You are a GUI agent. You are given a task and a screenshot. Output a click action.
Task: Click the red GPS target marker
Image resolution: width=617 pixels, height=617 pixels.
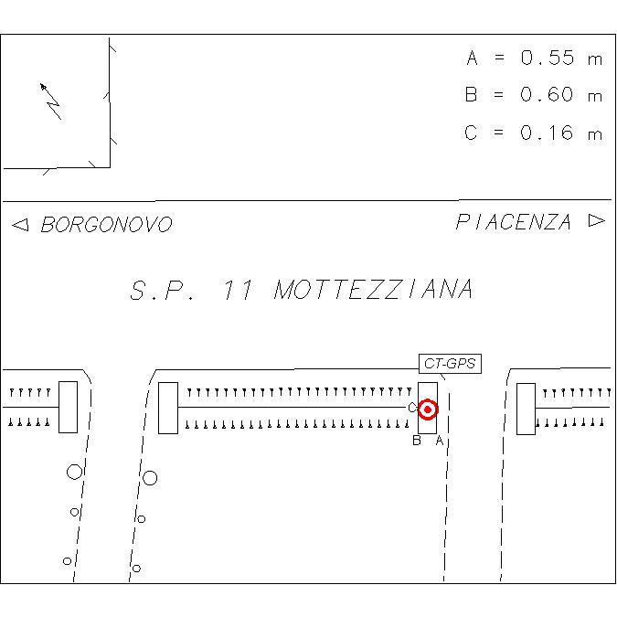tap(428, 410)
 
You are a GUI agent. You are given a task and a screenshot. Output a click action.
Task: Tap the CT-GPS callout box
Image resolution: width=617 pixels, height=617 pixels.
tap(450, 363)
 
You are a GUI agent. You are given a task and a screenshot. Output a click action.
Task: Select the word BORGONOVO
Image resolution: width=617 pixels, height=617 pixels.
tap(107, 224)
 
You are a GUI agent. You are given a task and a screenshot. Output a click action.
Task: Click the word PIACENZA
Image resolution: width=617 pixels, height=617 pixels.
tap(514, 222)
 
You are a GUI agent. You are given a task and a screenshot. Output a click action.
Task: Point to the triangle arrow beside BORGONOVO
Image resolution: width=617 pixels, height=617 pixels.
tap(20, 225)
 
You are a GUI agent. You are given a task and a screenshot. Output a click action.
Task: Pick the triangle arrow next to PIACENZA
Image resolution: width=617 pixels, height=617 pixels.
tap(597, 220)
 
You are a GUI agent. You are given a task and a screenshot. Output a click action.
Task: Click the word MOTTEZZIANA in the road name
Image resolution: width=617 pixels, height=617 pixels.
tap(374, 289)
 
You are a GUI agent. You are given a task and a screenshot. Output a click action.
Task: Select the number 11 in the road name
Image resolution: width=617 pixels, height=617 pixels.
tap(238, 290)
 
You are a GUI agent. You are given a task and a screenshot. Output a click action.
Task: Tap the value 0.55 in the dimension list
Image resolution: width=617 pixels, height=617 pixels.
tap(548, 58)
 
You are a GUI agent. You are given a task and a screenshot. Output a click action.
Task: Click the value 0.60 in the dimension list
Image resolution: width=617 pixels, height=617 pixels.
tap(547, 94)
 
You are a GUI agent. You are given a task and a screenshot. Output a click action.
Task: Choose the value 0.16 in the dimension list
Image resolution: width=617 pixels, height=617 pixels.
tap(547, 133)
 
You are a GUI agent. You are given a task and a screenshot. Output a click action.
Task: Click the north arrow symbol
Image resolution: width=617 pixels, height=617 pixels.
tap(51, 101)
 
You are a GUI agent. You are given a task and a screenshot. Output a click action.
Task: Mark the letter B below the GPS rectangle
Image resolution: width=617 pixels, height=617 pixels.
tap(416, 441)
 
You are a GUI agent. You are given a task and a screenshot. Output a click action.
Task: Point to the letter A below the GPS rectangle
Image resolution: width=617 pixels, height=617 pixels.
tap(440, 441)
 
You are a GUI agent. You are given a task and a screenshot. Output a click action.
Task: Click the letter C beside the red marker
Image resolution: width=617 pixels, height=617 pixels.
tap(411, 408)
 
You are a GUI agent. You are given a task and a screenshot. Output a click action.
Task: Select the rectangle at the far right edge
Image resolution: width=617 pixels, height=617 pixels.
tap(526, 409)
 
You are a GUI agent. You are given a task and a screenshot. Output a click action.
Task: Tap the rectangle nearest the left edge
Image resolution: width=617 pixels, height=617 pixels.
tap(68, 407)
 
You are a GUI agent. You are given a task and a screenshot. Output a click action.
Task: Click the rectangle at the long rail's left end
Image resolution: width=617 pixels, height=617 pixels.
tap(168, 408)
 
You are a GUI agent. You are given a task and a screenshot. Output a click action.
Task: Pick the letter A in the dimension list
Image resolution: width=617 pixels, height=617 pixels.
tap(473, 58)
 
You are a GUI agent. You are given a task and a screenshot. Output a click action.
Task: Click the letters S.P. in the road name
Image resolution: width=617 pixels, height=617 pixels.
tap(162, 291)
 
